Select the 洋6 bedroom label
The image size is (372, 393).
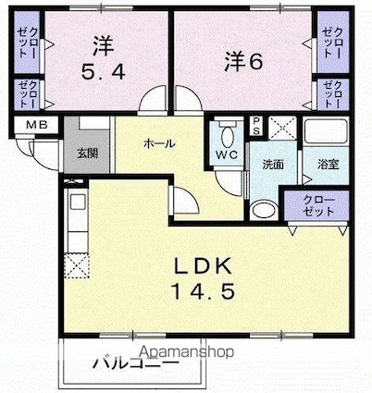pyautogui.click(x=242, y=61)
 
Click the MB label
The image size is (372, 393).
pyautogui.click(x=35, y=125)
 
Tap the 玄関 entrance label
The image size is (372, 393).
pyautogui.click(x=84, y=154)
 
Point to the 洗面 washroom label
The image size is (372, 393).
pyautogui.click(x=272, y=165)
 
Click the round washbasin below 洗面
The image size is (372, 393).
pyautogui.click(x=265, y=208)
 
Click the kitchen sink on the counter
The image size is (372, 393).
pyautogui.click(x=75, y=203)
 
